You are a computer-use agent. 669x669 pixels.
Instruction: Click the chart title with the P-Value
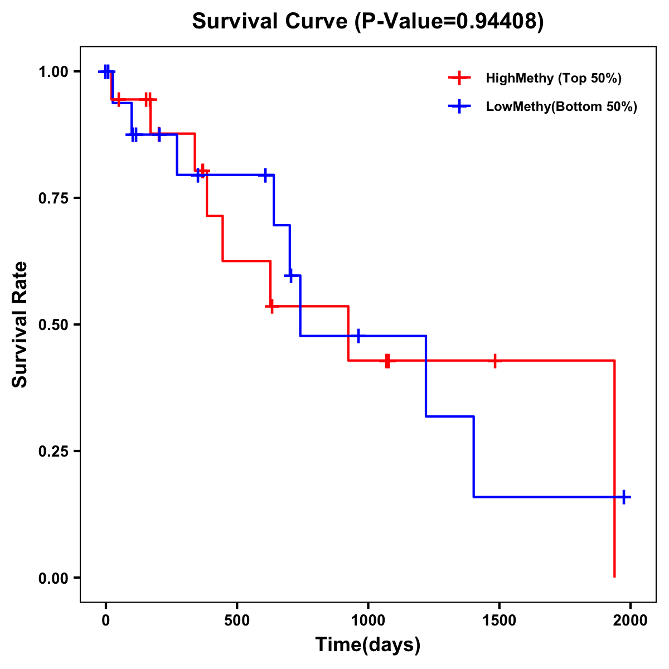[367, 21]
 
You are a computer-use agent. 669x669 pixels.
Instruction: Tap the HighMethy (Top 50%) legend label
[553, 78]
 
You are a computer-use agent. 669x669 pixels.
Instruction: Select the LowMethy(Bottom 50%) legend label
[561, 106]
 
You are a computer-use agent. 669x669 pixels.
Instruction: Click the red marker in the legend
[459, 78]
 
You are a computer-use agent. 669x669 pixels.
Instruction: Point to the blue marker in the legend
[459, 106]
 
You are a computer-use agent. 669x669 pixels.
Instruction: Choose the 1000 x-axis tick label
[368, 620]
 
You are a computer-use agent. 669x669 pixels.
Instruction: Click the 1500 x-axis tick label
[499, 620]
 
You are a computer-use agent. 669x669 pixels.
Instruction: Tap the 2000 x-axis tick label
[630, 620]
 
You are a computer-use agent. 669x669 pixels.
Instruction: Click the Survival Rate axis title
[20, 324]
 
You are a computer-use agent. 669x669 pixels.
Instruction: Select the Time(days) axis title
[368, 645]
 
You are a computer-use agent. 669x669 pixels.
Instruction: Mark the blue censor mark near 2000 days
[624, 497]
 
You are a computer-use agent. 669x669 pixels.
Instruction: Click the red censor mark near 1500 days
[495, 361]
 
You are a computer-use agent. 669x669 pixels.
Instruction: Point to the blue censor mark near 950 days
[358, 336]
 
